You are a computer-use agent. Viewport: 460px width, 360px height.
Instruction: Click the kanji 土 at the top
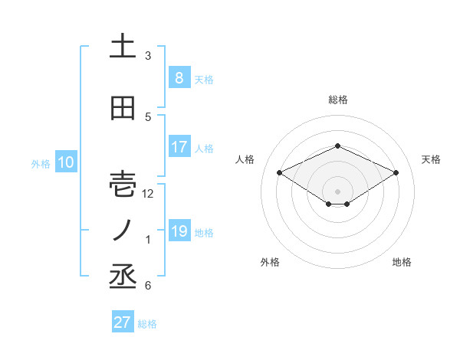(123, 47)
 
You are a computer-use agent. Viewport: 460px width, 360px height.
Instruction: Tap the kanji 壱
(123, 185)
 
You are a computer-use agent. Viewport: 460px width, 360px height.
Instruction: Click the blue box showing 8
(179, 77)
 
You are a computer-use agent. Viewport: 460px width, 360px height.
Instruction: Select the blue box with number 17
(179, 147)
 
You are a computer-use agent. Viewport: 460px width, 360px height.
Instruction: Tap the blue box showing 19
(179, 231)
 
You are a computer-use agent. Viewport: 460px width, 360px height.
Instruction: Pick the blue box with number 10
(65, 162)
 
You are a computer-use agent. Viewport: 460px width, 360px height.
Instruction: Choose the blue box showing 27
(123, 322)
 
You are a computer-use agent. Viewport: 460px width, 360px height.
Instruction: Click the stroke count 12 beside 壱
(149, 194)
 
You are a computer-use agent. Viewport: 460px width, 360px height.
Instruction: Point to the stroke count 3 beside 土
(148, 55)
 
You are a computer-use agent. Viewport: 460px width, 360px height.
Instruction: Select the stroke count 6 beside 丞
(148, 286)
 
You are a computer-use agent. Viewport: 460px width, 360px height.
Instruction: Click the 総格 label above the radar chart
(338, 100)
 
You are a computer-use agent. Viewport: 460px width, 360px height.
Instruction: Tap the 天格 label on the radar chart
(432, 159)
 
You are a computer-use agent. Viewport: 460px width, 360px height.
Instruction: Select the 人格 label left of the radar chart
(245, 159)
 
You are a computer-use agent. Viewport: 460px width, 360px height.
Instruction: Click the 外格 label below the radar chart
(270, 262)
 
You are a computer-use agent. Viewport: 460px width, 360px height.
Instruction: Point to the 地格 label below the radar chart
(402, 262)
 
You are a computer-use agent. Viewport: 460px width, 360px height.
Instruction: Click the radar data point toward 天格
(396, 172)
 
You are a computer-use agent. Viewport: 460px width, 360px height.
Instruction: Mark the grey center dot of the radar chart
(337, 191)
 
